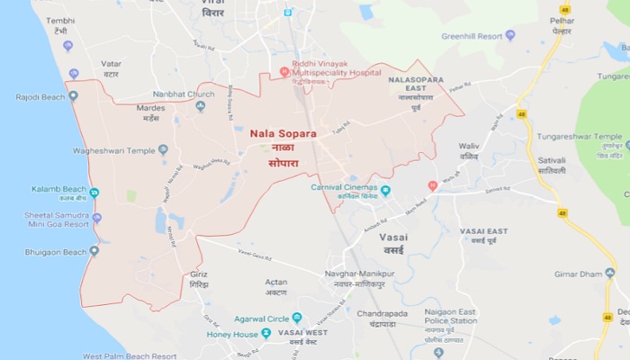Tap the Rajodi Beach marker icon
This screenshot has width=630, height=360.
tap(73, 94)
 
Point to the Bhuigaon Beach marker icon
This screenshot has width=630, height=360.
tap(94, 250)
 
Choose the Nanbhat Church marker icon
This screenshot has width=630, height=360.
tap(200, 106)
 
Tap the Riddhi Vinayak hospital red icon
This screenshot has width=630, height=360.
tap(284, 71)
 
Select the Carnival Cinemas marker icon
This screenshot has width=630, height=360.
tap(385, 190)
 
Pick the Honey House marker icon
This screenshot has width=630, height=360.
tap(266, 333)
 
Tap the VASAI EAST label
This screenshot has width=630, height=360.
tap(485, 232)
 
